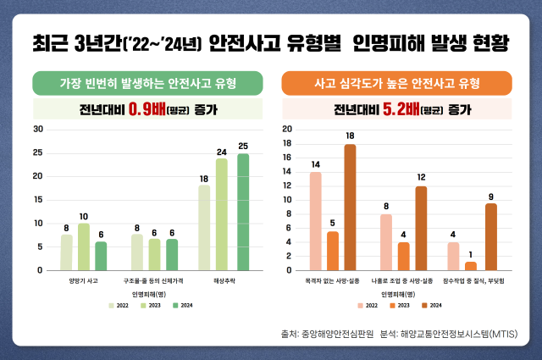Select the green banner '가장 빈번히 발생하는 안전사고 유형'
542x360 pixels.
pyautogui.click(x=147, y=84)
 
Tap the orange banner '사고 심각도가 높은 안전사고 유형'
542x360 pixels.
pyautogui.click(x=396, y=84)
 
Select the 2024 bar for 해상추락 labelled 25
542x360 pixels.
pyautogui.click(x=243, y=212)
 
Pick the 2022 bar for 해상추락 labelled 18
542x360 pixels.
pyautogui.click(x=204, y=227)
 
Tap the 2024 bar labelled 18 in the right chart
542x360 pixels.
pyautogui.click(x=350, y=208)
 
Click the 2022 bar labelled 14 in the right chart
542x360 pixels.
pyautogui.click(x=315, y=221)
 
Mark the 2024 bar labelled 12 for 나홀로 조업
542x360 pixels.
pyautogui.click(x=421, y=228)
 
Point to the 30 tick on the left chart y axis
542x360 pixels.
pyautogui.click(x=38, y=129)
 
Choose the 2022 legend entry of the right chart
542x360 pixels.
pyautogui.click(x=368, y=305)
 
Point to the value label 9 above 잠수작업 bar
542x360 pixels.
pyautogui.click(x=491, y=197)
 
